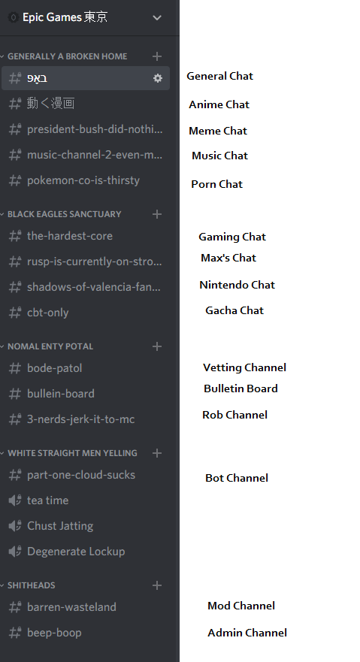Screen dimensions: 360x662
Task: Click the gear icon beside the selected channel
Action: [157, 78]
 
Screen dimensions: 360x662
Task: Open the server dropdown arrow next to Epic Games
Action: [157, 18]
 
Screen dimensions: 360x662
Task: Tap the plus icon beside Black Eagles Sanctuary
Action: [157, 214]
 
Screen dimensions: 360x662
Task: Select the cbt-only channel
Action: [47, 313]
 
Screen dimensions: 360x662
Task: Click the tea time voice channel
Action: [47, 500]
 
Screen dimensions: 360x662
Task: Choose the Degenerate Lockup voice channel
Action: [76, 552]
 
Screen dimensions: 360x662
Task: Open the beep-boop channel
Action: [54, 633]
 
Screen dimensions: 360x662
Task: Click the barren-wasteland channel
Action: [71, 607]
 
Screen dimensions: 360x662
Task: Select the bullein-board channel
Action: [61, 394]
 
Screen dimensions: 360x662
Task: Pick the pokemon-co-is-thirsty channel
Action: [83, 180]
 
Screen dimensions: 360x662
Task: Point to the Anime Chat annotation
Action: [219, 104]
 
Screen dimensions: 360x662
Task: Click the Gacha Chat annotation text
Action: [234, 310]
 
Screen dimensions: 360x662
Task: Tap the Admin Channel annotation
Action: [247, 633]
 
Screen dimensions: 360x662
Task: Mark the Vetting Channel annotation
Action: [244, 367]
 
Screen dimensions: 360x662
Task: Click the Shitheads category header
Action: [32, 585]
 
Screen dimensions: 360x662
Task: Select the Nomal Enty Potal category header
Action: [50, 346]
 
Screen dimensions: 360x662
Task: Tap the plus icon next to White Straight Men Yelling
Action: [157, 453]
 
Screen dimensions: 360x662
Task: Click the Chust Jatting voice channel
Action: [60, 526]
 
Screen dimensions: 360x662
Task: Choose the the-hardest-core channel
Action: [70, 236]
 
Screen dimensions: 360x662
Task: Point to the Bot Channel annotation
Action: [237, 478]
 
